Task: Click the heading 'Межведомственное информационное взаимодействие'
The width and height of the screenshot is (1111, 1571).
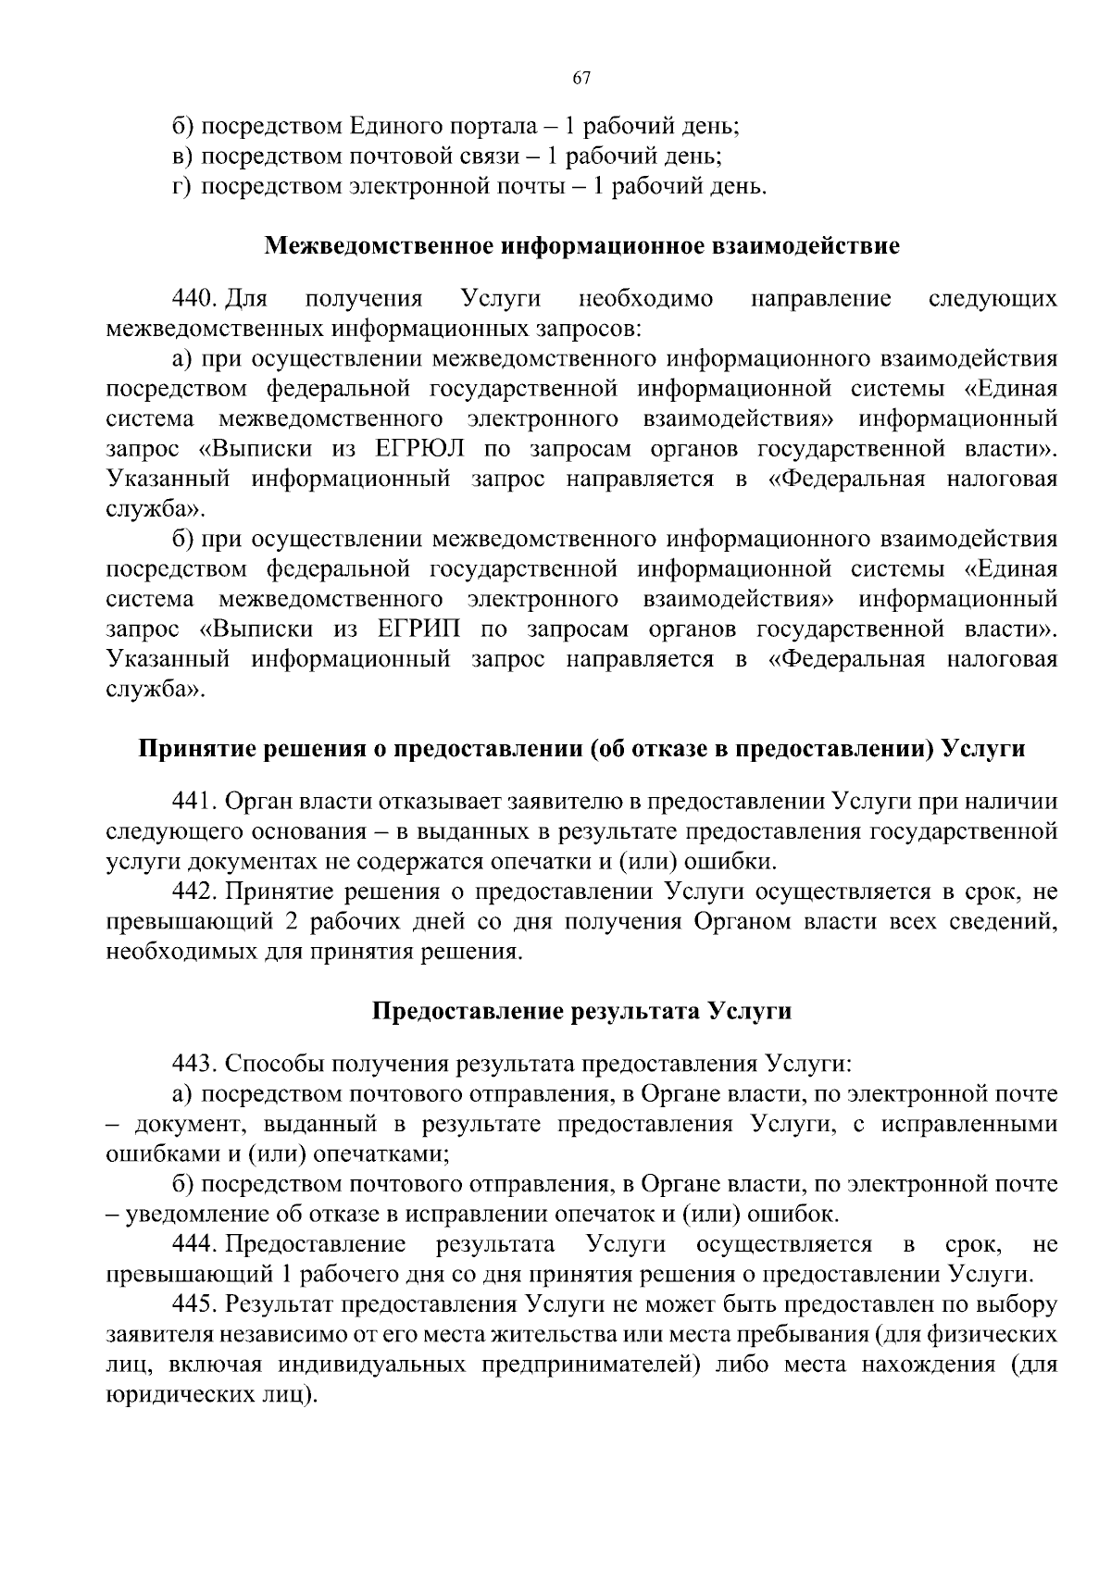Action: pos(581,246)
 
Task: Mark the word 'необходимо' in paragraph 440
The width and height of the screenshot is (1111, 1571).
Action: pos(645,299)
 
